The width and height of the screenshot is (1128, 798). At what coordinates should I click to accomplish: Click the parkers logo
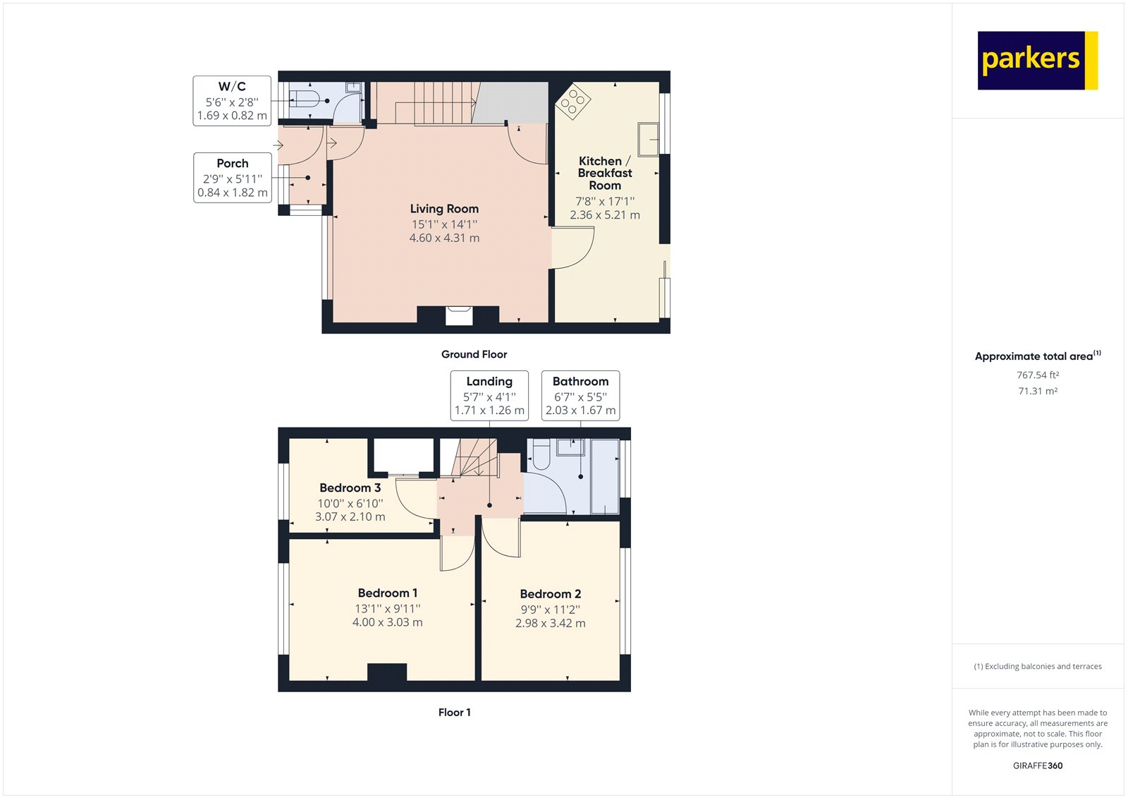tap(1036, 60)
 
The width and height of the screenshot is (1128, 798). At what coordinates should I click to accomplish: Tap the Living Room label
tap(444, 209)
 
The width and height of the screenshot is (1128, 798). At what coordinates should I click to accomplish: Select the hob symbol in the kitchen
tap(572, 102)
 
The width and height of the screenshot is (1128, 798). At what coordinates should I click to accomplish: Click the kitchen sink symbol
tap(649, 139)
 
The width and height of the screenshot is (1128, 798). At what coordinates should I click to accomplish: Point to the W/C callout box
tap(232, 101)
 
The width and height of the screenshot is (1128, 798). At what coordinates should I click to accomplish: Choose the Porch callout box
tap(233, 178)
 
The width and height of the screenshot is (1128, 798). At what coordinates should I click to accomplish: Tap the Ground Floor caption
tap(474, 354)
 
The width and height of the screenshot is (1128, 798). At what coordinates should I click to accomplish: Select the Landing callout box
tap(489, 396)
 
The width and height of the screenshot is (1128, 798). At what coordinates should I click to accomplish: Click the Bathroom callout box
tap(580, 396)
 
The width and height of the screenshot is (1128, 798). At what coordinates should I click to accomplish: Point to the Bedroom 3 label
tap(350, 488)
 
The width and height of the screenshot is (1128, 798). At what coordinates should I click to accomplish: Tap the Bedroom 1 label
tap(387, 593)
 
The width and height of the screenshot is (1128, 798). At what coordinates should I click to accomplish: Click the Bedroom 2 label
tap(550, 594)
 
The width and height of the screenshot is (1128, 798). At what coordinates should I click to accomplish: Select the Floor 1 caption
tap(454, 712)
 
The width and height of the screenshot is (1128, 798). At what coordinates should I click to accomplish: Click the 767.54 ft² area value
tap(1037, 375)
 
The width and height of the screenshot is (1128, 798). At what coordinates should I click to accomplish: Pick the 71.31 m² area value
tap(1037, 391)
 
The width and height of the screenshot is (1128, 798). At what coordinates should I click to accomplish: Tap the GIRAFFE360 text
tap(1037, 766)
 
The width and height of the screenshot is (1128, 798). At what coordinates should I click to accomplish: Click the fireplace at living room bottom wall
tap(458, 315)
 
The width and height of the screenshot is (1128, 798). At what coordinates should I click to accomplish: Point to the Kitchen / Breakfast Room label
tap(604, 173)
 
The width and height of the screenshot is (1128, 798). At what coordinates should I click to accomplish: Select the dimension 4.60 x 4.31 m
tap(444, 238)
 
